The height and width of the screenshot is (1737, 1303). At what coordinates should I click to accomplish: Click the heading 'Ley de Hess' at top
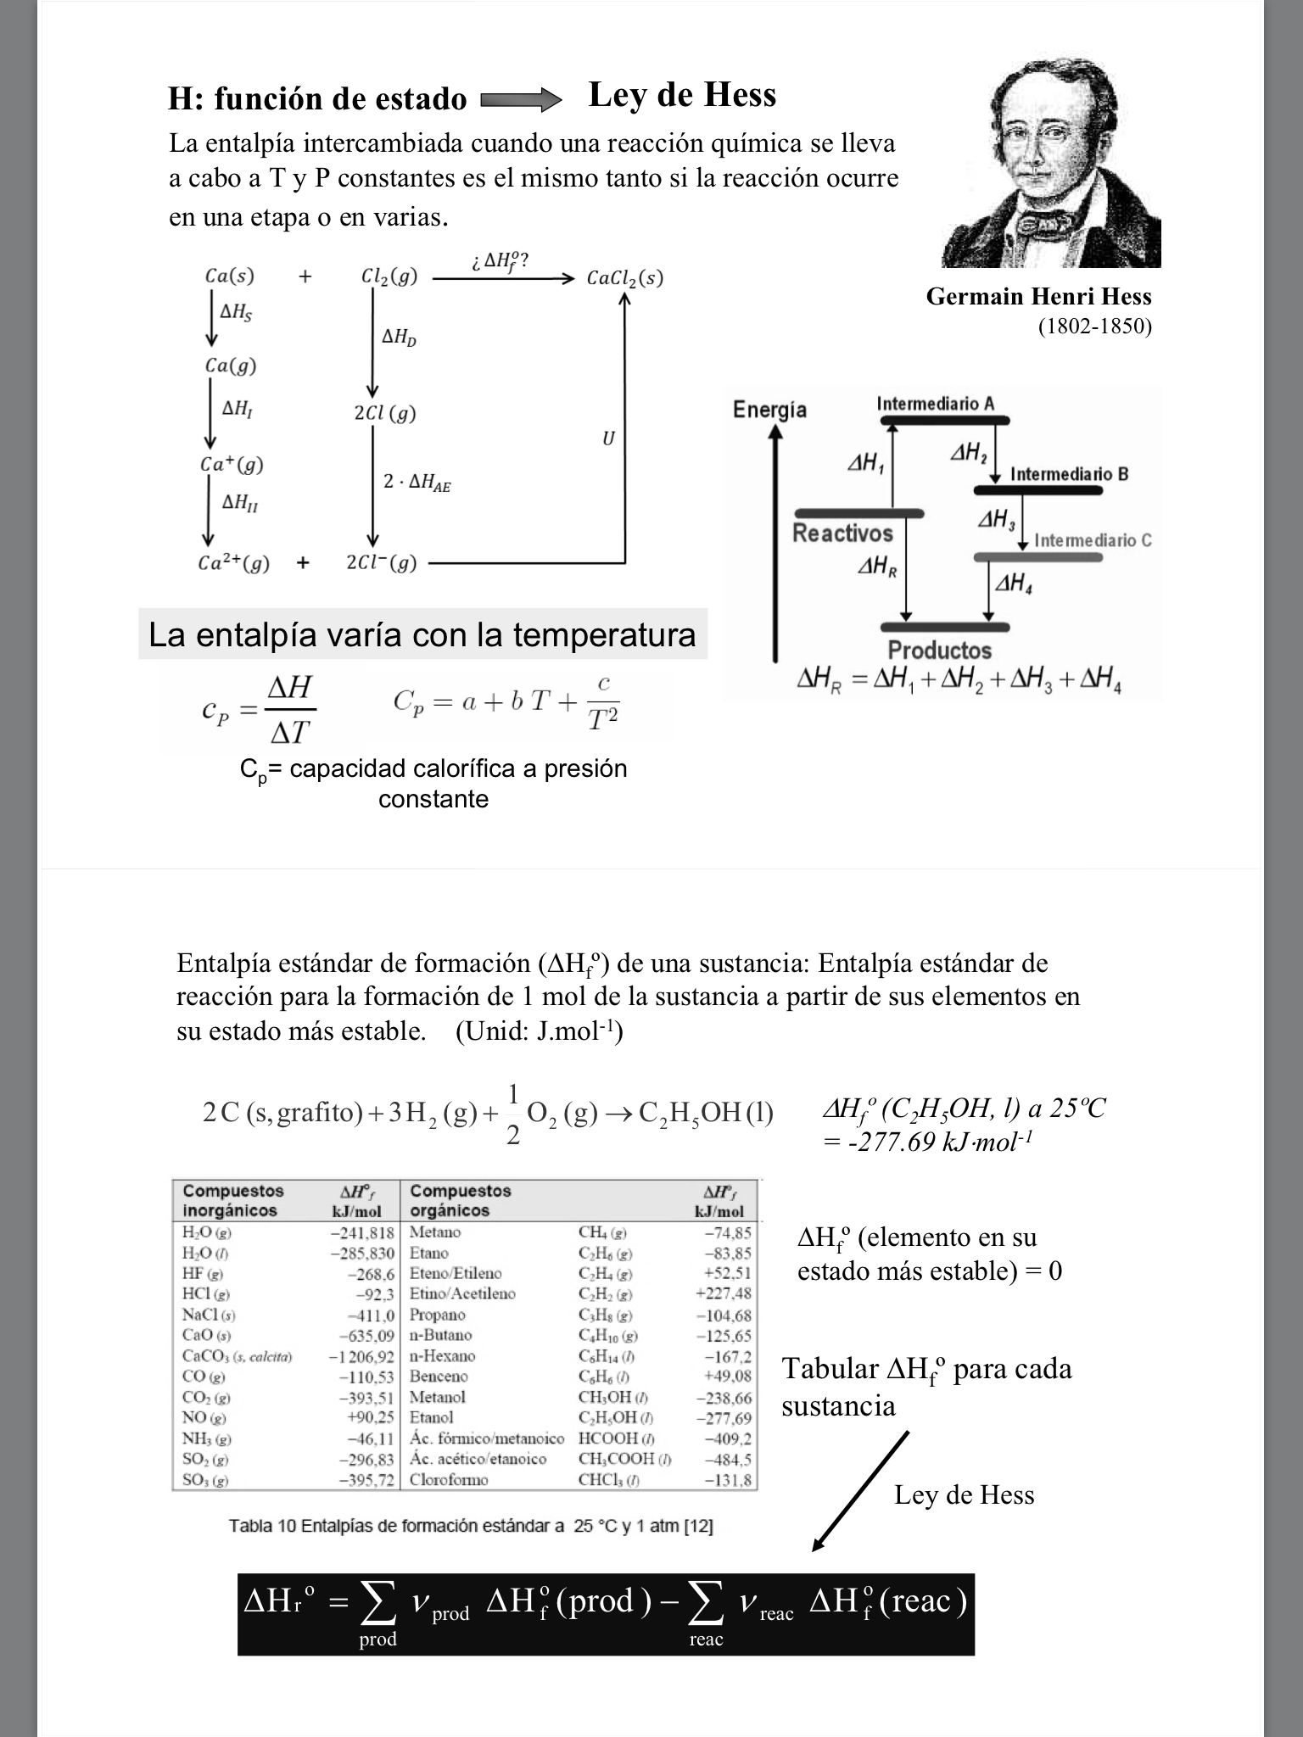pyautogui.click(x=681, y=95)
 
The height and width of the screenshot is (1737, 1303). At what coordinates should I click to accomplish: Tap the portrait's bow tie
pyautogui.click(x=1044, y=222)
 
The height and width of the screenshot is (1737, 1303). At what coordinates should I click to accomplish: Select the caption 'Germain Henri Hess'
pyautogui.click(x=1038, y=297)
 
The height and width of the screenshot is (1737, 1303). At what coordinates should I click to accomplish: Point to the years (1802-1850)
pyautogui.click(x=1094, y=327)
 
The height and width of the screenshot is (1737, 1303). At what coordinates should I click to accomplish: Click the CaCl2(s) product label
pyautogui.click(x=624, y=277)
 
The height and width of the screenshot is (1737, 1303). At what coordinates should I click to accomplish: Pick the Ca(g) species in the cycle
pyautogui.click(x=230, y=366)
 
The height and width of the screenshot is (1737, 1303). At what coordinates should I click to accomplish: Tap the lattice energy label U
pyautogui.click(x=608, y=438)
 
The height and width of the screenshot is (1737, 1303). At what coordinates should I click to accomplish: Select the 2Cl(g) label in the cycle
pyautogui.click(x=385, y=413)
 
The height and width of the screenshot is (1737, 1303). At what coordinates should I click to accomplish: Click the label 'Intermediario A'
pyautogui.click(x=935, y=404)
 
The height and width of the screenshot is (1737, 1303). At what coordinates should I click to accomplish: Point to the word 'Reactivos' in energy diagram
pyautogui.click(x=842, y=533)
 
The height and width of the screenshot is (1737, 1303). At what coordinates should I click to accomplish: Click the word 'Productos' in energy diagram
pyautogui.click(x=939, y=651)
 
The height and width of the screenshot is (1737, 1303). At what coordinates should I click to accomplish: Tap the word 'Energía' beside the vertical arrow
pyautogui.click(x=769, y=410)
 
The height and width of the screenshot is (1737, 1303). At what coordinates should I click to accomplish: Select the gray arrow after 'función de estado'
pyautogui.click(x=520, y=101)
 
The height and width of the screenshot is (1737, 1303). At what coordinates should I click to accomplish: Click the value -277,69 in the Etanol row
pyautogui.click(x=724, y=1418)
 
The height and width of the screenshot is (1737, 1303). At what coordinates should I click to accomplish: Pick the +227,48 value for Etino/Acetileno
pyautogui.click(x=723, y=1294)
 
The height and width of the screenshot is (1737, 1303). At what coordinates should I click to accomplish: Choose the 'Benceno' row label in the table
pyautogui.click(x=439, y=1377)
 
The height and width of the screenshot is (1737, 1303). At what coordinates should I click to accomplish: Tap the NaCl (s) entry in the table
pyautogui.click(x=209, y=1315)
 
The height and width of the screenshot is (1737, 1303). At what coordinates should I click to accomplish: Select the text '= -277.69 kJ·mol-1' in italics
pyautogui.click(x=926, y=1142)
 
